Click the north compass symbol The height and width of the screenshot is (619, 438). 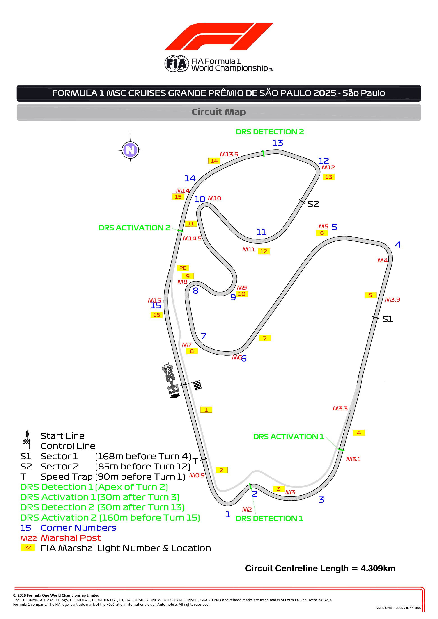click(x=130, y=150)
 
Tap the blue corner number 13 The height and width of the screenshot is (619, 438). click(x=277, y=143)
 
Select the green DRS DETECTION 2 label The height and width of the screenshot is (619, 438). click(x=270, y=132)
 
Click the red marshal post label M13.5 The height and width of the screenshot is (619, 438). click(x=229, y=155)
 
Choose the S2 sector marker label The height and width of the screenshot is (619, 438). click(x=313, y=204)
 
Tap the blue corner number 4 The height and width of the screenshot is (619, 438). click(x=398, y=245)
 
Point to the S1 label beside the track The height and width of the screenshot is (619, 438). click(x=387, y=319)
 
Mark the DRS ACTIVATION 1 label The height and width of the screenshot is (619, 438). click(x=288, y=437)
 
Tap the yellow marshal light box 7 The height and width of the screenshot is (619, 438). click(x=265, y=338)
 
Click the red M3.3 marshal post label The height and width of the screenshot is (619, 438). click(x=340, y=408)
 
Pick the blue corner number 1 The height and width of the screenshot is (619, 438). click(x=228, y=514)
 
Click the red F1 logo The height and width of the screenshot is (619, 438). click(x=219, y=37)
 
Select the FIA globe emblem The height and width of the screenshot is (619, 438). click(x=177, y=64)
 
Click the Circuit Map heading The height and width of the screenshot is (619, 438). click(x=219, y=112)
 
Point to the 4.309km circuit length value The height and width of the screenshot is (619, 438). click(x=378, y=568)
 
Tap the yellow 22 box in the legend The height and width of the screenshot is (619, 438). click(x=28, y=548)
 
